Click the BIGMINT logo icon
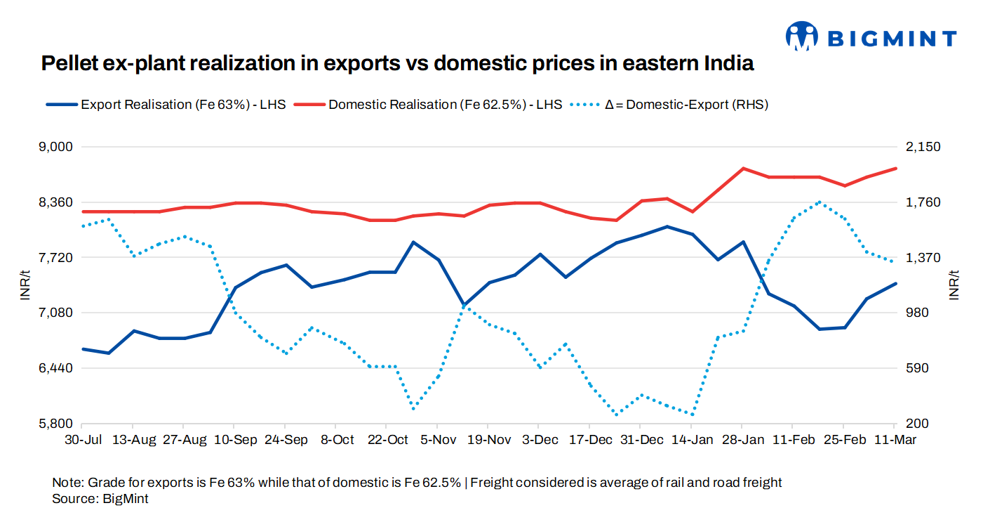[x=803, y=37]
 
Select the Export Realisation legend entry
[x=166, y=105]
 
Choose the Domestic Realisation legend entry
[x=428, y=105]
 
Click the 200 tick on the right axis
[x=913, y=424]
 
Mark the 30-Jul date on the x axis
[x=82, y=440]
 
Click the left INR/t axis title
[x=25, y=285]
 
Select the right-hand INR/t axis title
[x=953, y=285]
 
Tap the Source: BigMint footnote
[x=100, y=498]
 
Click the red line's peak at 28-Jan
[x=743, y=169]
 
